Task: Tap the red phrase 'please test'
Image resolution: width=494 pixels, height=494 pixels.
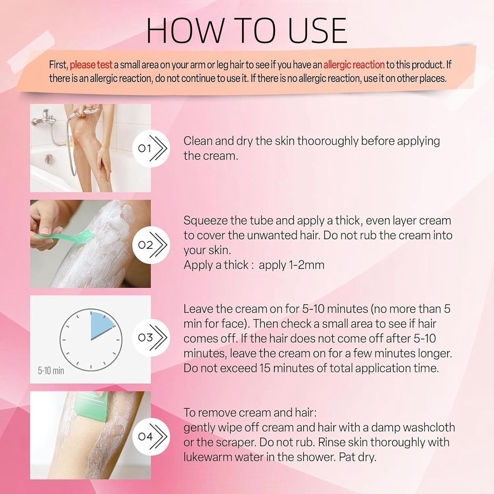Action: pyautogui.click(x=91, y=65)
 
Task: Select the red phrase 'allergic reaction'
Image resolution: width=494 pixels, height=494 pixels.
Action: pyautogui.click(x=354, y=65)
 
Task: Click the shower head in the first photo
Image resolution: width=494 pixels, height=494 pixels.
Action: pyautogui.click(x=91, y=111)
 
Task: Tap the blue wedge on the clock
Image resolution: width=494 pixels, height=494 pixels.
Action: pyautogui.click(x=101, y=325)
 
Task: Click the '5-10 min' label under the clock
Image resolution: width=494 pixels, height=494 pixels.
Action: pyautogui.click(x=51, y=371)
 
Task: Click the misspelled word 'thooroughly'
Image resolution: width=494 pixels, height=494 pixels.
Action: pyautogui.click(x=328, y=141)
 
